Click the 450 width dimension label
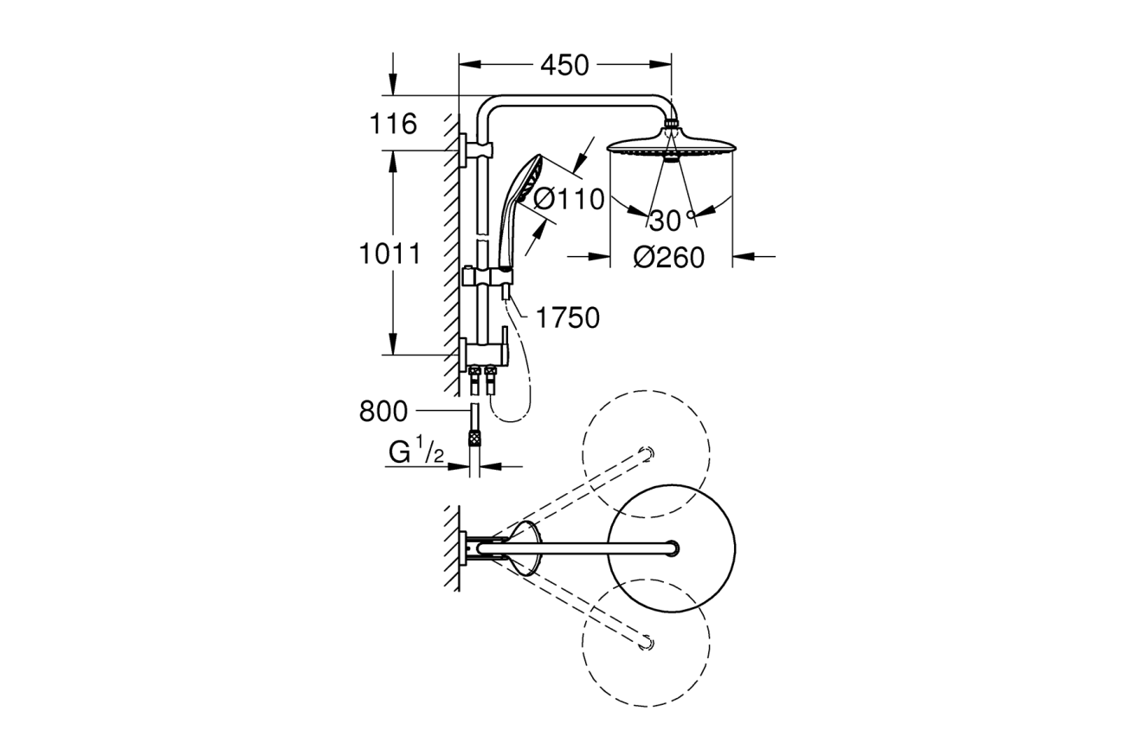coord(564,65)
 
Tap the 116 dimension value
coord(393,124)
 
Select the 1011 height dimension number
coord(390,253)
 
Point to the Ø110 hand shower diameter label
coord(569,199)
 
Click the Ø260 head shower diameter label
coord(669,258)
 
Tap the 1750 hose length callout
coord(568,317)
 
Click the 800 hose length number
coord(383,412)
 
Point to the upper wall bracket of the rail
coord(476,150)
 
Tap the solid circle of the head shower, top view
coord(671,548)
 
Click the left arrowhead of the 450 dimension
coord(469,64)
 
